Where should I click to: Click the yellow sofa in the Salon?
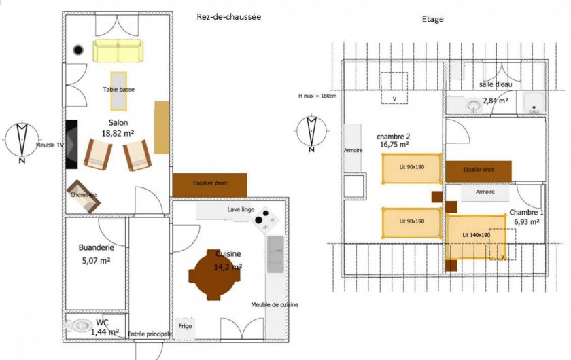point(118,50)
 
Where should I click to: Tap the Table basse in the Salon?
point(118,91)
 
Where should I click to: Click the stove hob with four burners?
point(263,219)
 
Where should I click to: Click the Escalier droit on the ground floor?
point(209,184)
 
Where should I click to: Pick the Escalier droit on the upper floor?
point(479,171)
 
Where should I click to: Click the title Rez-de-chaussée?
point(228,17)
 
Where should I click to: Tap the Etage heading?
point(432,19)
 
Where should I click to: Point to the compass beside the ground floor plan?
point(22,139)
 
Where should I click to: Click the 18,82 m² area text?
point(118,134)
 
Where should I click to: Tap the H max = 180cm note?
point(317,96)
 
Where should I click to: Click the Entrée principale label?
point(149,334)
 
